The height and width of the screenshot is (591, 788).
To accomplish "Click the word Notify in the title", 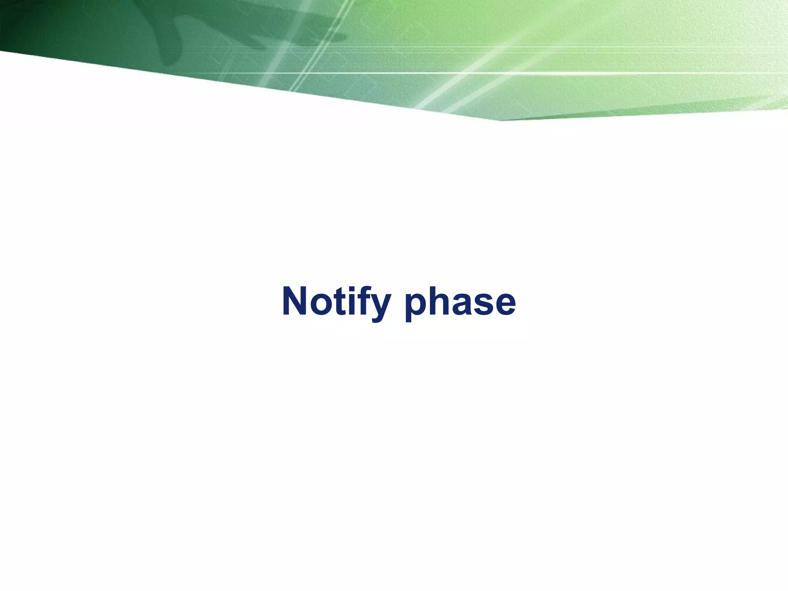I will (x=337, y=302).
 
